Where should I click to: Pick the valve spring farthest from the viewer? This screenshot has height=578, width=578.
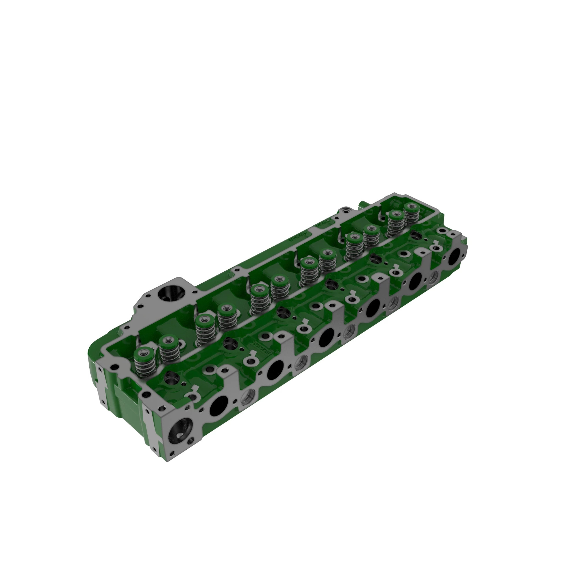412,213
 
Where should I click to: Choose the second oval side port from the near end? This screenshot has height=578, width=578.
275,370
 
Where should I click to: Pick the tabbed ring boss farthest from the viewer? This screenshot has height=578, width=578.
435,247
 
